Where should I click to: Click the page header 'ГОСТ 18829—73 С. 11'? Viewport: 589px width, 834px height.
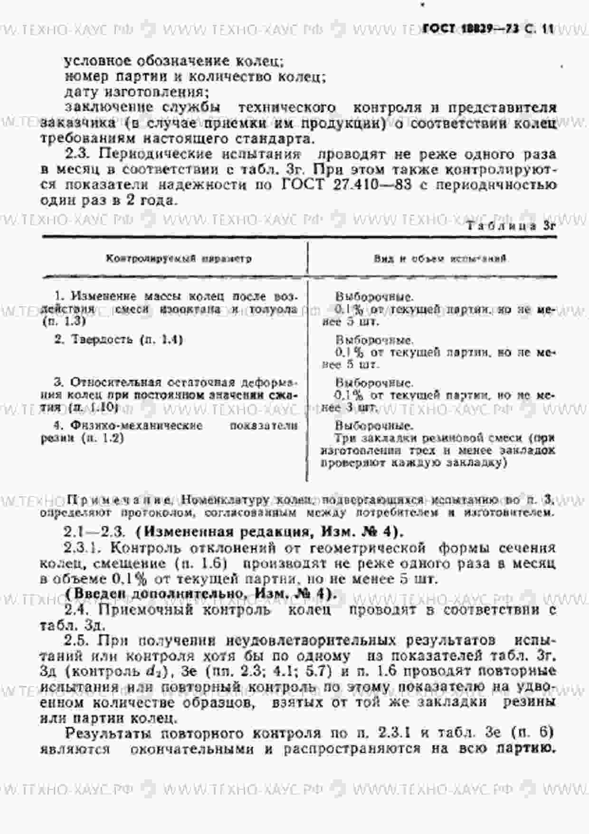pos(488,29)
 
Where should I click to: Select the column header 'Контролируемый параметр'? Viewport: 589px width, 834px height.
pos(179,259)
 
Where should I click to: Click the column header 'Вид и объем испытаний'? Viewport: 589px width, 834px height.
pos(439,259)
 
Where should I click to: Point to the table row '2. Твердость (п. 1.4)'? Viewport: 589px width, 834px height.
pos(119,339)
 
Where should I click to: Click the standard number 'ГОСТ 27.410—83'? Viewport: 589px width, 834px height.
pos(347,185)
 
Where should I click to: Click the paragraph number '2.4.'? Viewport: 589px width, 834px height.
pos(76,609)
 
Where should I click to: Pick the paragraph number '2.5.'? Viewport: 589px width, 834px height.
pos(76,640)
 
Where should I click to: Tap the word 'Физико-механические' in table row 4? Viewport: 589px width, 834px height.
pos(137,425)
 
